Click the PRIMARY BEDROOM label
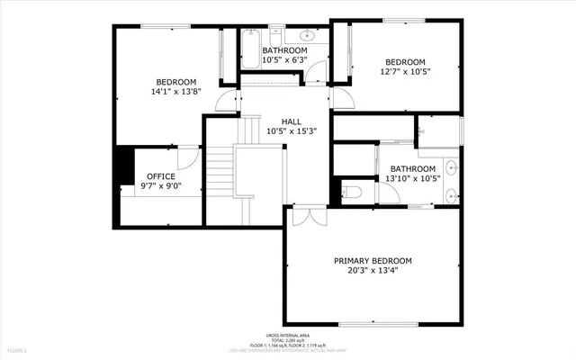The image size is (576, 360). click(x=373, y=262)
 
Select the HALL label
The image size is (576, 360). click(x=292, y=121)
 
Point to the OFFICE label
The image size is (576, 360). click(x=161, y=175)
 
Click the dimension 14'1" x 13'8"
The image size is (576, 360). click(x=175, y=91)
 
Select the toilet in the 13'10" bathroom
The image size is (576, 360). click(x=353, y=193)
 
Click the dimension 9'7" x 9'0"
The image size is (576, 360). click(x=161, y=186)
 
